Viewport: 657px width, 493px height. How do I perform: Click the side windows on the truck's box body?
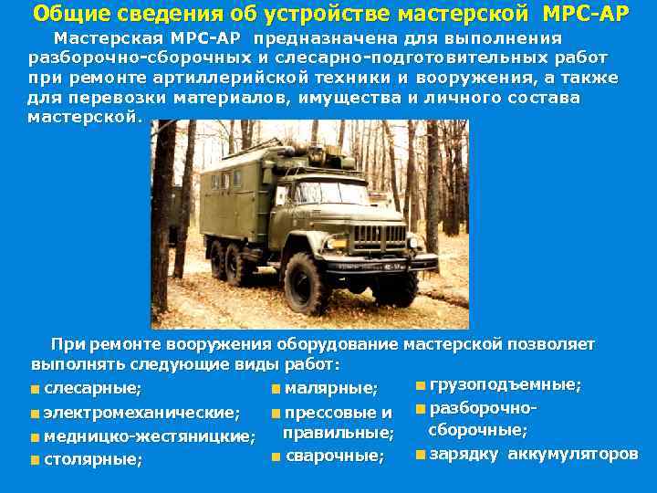(224, 180)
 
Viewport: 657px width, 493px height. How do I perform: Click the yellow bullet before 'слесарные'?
(34, 390)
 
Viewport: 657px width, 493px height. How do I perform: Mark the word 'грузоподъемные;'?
(505, 384)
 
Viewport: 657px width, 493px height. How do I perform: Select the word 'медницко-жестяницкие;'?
(149, 436)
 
